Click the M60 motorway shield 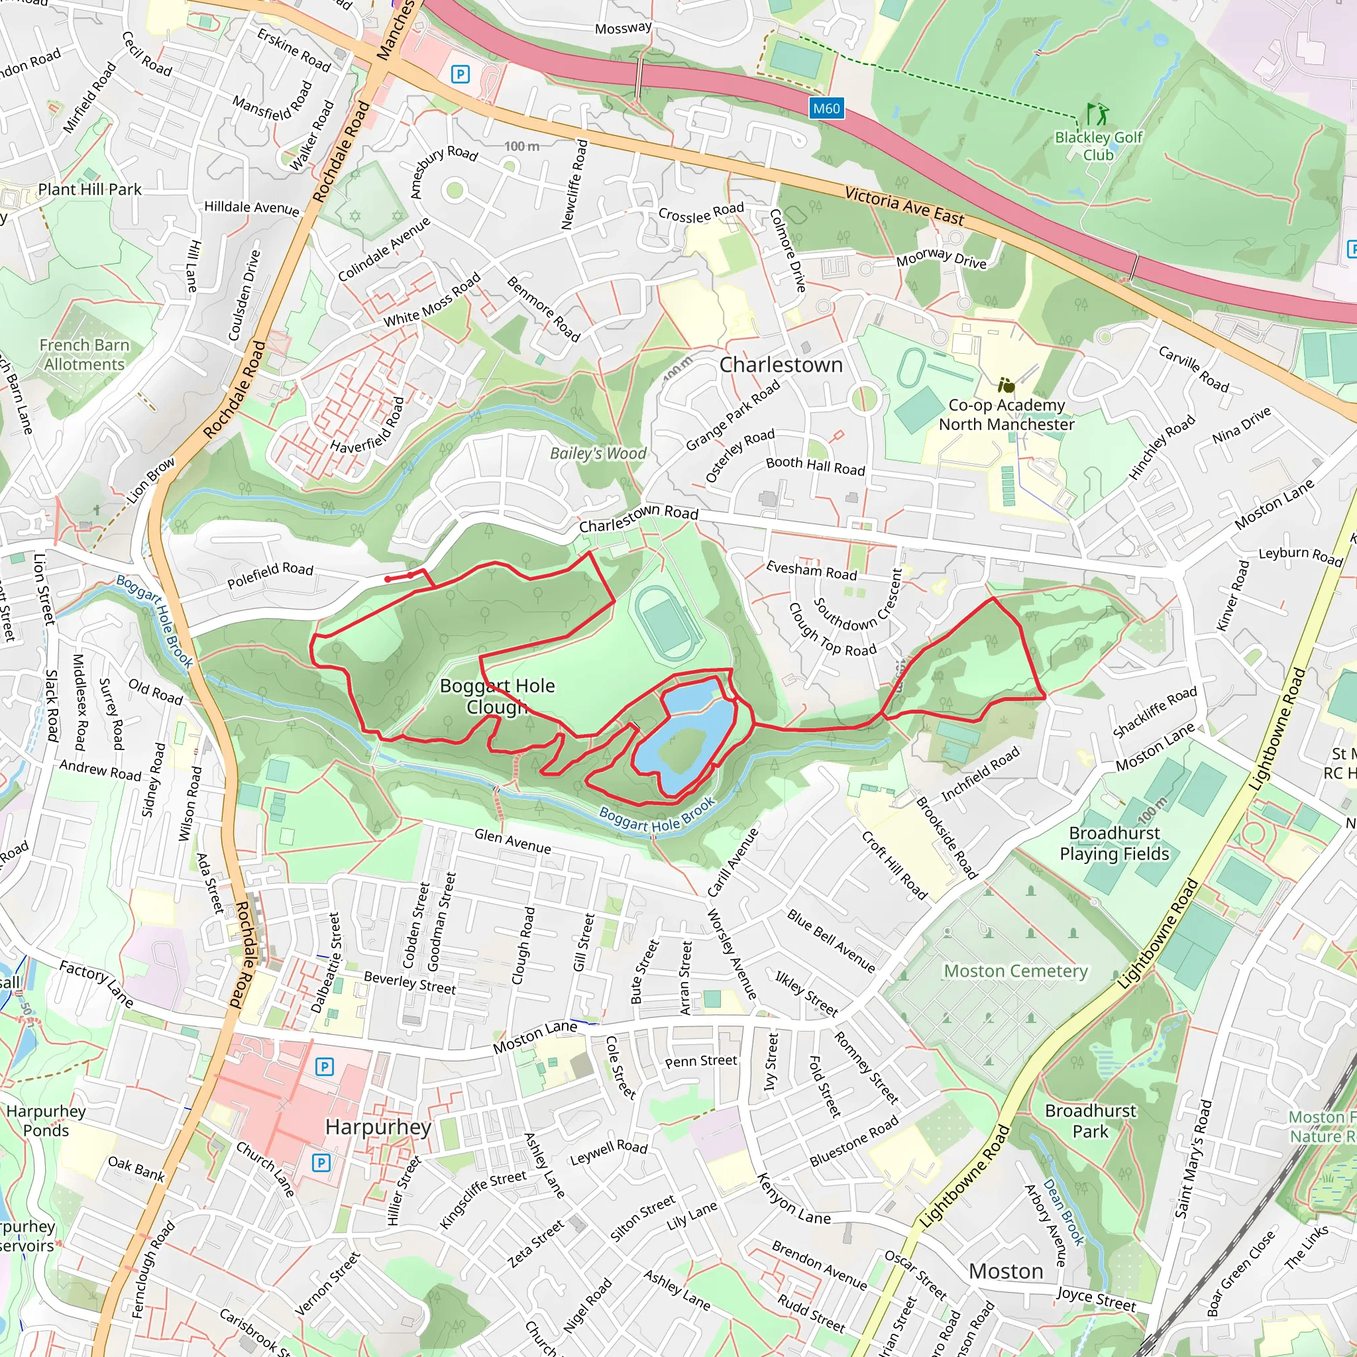(x=826, y=108)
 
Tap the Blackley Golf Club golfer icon (x=1097, y=114)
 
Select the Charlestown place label (x=781, y=364)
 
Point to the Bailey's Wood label (x=598, y=453)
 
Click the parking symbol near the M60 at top (x=460, y=74)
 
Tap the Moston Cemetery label (x=1015, y=971)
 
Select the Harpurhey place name (x=378, y=1126)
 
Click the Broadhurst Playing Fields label (x=1114, y=843)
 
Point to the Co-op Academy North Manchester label (x=1006, y=414)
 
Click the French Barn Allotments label (x=84, y=354)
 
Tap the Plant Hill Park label (x=90, y=190)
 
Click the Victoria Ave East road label (x=904, y=206)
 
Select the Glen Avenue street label (x=512, y=841)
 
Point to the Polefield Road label (x=270, y=575)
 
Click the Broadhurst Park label (x=1090, y=1120)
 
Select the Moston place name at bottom (x=1005, y=1272)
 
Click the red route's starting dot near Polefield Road (x=388, y=578)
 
